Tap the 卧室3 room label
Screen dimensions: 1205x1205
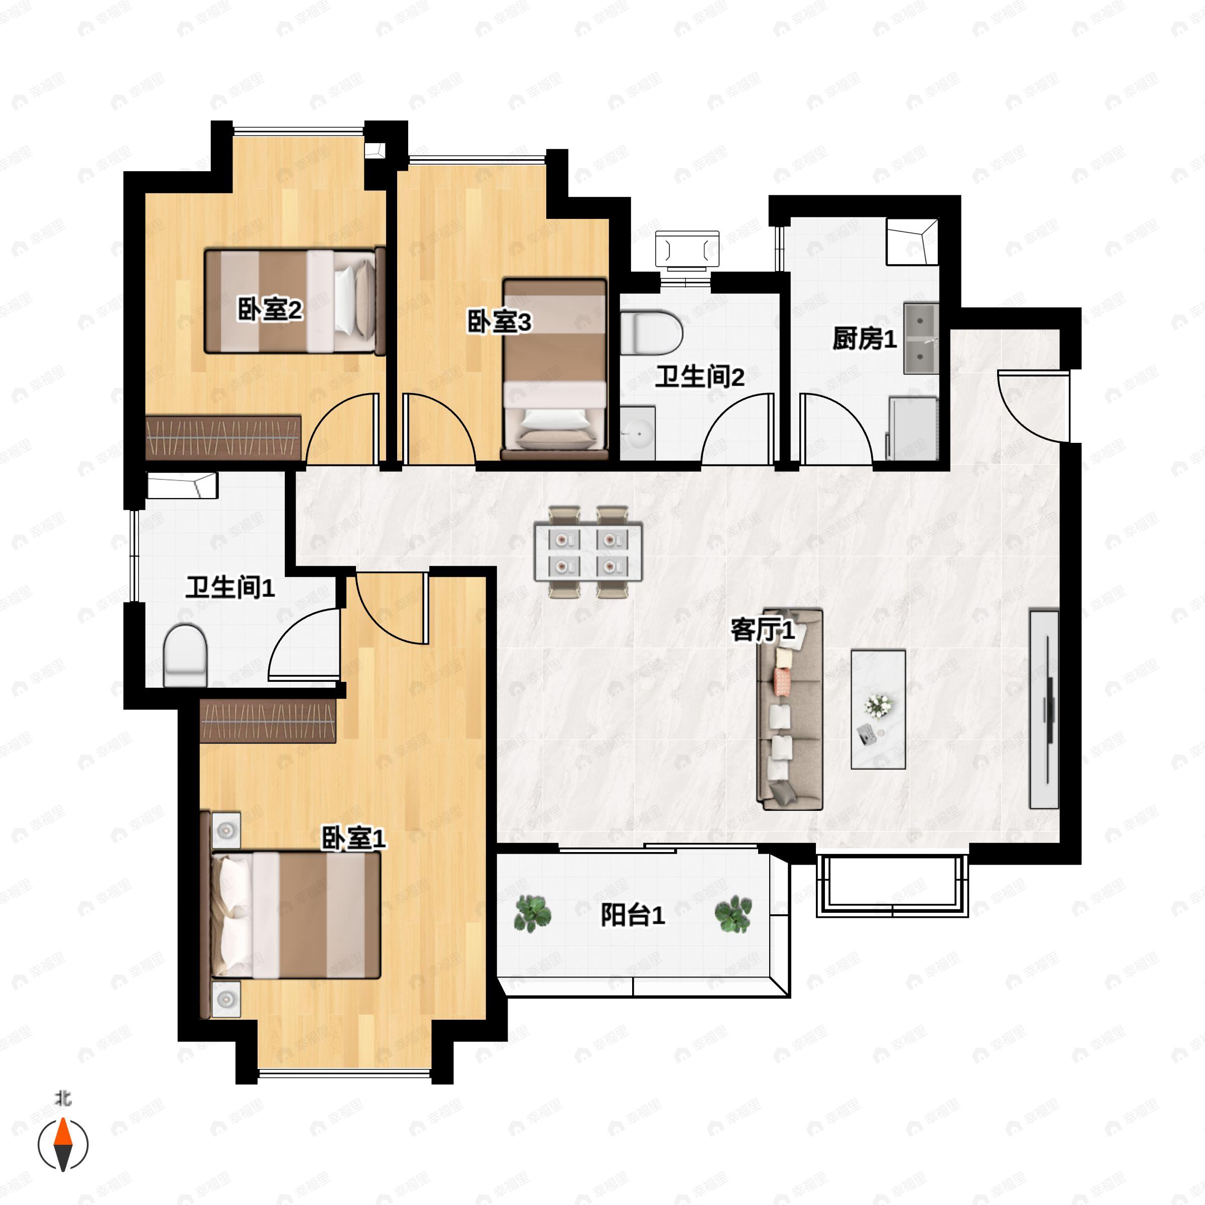[499, 322]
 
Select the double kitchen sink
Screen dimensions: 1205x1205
[921, 339]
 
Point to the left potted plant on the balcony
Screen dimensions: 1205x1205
[532, 914]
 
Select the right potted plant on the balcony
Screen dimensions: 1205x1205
[733, 914]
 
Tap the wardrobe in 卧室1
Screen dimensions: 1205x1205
[268, 720]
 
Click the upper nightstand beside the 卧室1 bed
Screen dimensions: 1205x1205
[226, 830]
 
